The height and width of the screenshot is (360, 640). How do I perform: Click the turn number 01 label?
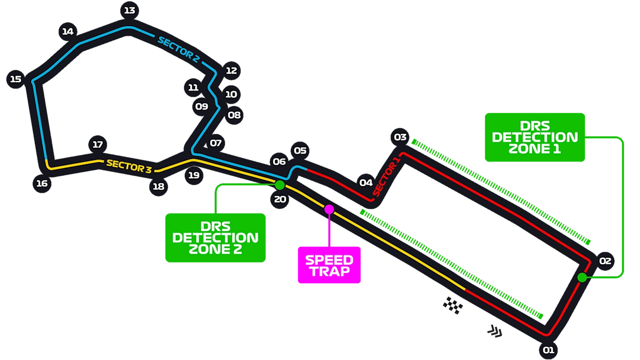pyautogui.click(x=548, y=350)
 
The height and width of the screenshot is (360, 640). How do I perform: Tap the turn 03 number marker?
pyautogui.click(x=400, y=137)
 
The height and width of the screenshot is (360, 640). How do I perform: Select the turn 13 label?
pyautogui.click(x=129, y=10)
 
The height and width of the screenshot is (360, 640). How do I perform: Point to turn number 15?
pyautogui.click(x=16, y=79)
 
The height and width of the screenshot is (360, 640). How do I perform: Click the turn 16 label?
pyautogui.click(x=42, y=183)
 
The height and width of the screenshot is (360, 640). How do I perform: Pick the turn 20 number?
pyautogui.click(x=280, y=199)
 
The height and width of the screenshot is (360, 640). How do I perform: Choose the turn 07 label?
pyautogui.click(x=216, y=143)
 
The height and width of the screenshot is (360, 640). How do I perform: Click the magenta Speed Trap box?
pyautogui.click(x=329, y=265)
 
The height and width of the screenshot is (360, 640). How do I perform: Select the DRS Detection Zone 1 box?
pyautogui.click(x=534, y=137)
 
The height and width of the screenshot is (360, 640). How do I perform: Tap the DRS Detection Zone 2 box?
pyautogui.click(x=215, y=238)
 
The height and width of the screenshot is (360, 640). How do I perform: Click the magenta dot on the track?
pyautogui.click(x=329, y=209)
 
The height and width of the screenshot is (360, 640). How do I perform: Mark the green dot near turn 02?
pyautogui.click(x=582, y=277)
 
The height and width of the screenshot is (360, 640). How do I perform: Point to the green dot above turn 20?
pyautogui.click(x=280, y=185)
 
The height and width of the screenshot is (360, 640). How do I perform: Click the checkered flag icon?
pyautogui.click(x=452, y=305)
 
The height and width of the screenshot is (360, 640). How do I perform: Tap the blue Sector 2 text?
pyautogui.click(x=178, y=50)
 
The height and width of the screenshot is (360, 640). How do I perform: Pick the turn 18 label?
pyautogui.click(x=158, y=187)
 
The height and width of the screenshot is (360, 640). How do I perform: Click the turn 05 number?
pyautogui.click(x=300, y=150)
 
